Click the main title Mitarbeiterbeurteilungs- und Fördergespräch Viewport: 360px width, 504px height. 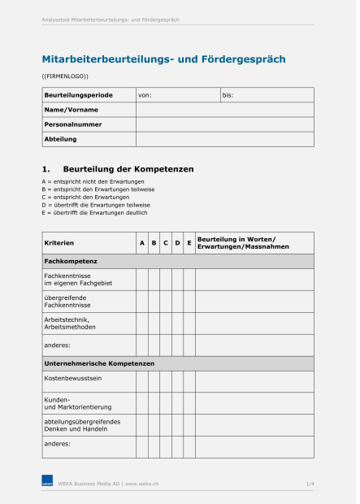[x=163, y=59]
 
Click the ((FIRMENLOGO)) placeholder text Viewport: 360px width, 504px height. [x=65, y=76]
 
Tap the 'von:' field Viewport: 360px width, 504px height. [x=177, y=95]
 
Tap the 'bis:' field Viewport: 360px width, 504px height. [x=267, y=95]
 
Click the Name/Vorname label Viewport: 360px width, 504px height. [x=71, y=110]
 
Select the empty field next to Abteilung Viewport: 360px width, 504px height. [x=224, y=139]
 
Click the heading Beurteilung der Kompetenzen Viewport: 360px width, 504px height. [x=128, y=169]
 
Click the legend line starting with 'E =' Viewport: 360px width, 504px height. [x=94, y=213]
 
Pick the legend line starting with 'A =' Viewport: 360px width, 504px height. [x=93, y=180]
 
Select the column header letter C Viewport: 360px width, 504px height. [x=165, y=243]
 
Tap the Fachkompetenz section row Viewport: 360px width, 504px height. [x=177, y=261]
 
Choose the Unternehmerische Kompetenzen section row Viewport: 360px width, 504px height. [x=177, y=363]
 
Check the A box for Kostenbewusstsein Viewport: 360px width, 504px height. [x=141, y=381]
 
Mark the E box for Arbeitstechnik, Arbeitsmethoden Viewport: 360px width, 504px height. [x=189, y=324]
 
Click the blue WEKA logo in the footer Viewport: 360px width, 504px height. [x=47, y=484]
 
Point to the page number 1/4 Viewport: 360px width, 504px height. [x=310, y=484]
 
